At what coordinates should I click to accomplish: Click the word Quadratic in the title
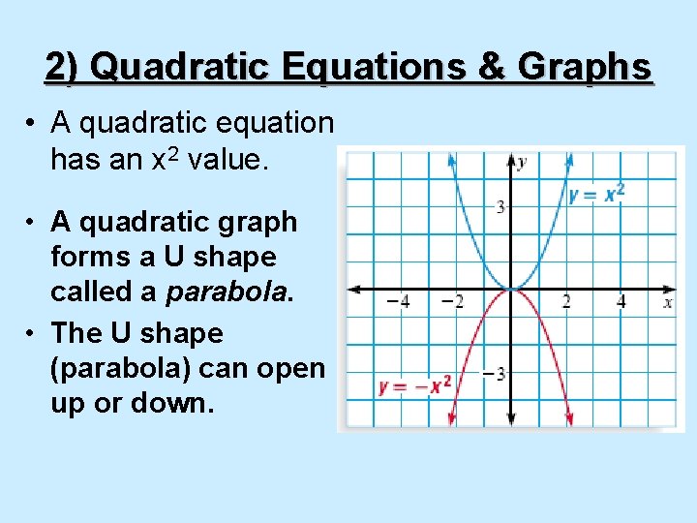[185, 67]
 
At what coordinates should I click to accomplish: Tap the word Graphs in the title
[585, 67]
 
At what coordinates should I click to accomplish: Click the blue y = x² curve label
[596, 195]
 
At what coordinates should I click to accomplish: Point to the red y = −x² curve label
[415, 386]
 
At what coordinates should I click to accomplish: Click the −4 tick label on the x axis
[397, 302]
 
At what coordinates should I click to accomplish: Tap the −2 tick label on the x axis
[451, 302]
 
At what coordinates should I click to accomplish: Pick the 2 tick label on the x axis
[566, 302]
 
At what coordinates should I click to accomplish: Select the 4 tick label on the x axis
[621, 302]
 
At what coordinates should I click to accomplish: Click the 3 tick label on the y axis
[500, 206]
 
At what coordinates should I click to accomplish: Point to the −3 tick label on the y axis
[495, 374]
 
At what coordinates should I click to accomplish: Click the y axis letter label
[521, 162]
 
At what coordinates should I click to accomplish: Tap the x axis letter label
[668, 302]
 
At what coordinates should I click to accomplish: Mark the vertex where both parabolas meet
[510, 289]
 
